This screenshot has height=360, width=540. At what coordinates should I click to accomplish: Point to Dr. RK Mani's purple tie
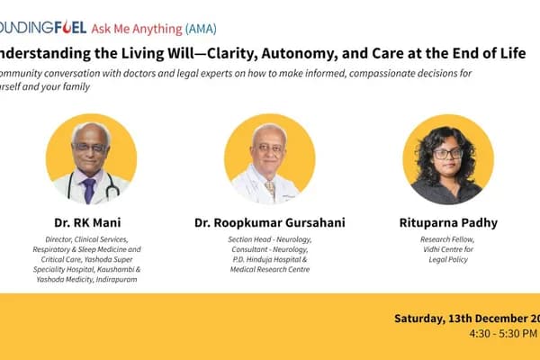[x=89, y=188]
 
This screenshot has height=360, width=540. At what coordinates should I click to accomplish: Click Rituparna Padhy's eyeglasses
[x=447, y=153]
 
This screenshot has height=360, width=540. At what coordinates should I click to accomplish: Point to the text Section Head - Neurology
[x=270, y=239]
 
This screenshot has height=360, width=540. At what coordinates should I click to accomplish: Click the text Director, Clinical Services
[x=90, y=239]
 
